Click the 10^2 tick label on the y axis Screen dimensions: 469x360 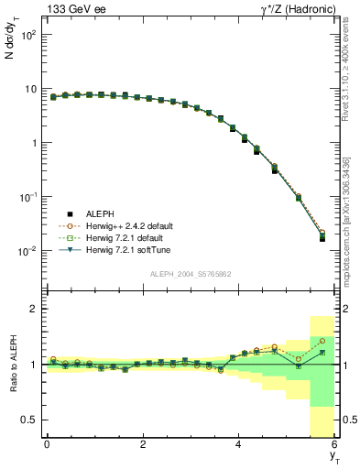click(x=28, y=35)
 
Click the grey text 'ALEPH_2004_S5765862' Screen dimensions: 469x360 click(x=190, y=275)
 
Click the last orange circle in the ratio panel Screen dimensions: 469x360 click(x=322, y=341)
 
